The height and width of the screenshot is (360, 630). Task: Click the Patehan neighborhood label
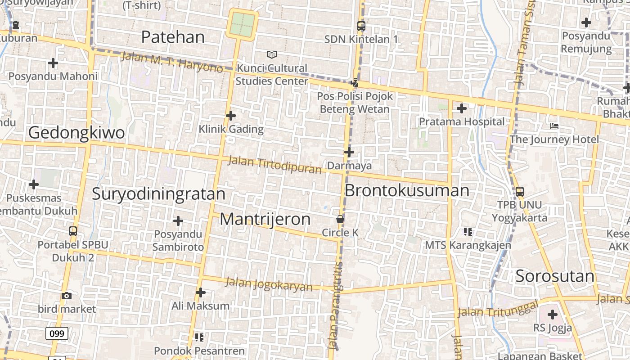pyautogui.click(x=173, y=37)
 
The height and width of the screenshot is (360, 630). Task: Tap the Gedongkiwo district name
pyautogui.click(x=76, y=133)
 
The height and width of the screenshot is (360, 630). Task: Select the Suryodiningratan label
pyautogui.click(x=158, y=193)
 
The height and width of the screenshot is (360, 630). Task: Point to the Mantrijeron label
pyautogui.click(x=265, y=219)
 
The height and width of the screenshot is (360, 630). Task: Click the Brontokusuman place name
pyautogui.click(x=407, y=190)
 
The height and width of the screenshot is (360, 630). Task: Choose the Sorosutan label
pyautogui.click(x=555, y=276)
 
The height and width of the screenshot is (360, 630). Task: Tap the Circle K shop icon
pyautogui.click(x=340, y=219)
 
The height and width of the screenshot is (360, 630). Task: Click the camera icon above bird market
pyautogui.click(x=67, y=296)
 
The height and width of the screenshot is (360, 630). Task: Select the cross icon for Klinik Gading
pyautogui.click(x=231, y=116)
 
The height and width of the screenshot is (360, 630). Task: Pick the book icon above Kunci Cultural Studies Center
pyautogui.click(x=271, y=54)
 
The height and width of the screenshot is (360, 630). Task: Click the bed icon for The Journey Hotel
pyautogui.click(x=554, y=126)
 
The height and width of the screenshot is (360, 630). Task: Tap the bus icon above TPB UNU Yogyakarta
pyautogui.click(x=520, y=191)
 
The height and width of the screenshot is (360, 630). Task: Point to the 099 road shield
pyautogui.click(x=57, y=333)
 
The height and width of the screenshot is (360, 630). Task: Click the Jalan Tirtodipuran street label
pyautogui.click(x=274, y=165)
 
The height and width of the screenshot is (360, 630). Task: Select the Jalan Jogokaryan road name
pyautogui.click(x=269, y=284)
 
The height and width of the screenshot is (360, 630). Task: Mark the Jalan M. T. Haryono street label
pyautogui.click(x=172, y=62)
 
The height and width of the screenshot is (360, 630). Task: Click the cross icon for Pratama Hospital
pyautogui.click(x=462, y=108)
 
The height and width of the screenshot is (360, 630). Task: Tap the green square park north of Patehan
pyautogui.click(x=243, y=24)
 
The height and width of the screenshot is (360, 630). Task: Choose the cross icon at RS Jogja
pyautogui.click(x=553, y=315)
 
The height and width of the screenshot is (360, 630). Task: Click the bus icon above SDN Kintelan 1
pyautogui.click(x=361, y=26)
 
